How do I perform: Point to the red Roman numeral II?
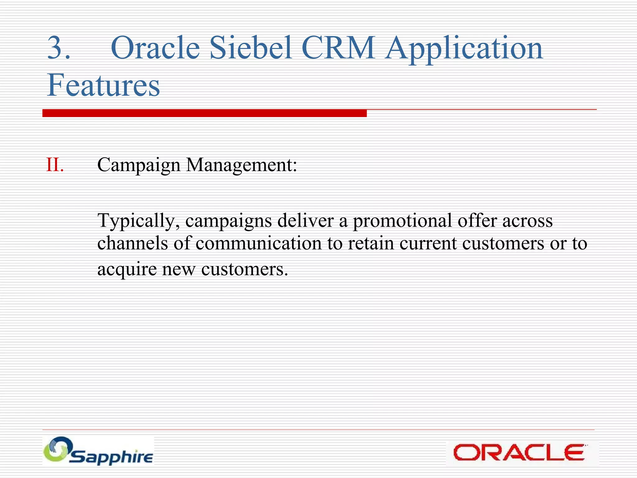coord(55,165)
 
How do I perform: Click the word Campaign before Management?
coord(139,165)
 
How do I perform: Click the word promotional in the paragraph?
coord(402,221)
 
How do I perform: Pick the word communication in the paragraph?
coord(258,243)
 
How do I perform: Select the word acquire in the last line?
coord(127,269)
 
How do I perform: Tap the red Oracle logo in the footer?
coord(519,452)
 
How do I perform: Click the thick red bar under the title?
coord(204,113)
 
